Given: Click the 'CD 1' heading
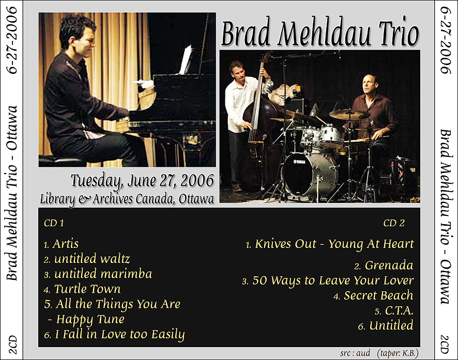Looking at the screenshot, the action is point(54,223).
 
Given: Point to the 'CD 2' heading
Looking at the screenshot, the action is point(394,223).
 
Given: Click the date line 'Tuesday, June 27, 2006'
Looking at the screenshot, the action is point(142,181).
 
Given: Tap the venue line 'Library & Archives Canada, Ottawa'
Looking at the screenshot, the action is point(127,199).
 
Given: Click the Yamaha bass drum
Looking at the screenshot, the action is point(311,174).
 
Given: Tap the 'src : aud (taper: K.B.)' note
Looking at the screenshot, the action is point(379,353).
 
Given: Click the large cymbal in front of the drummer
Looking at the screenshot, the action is point(349,114).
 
